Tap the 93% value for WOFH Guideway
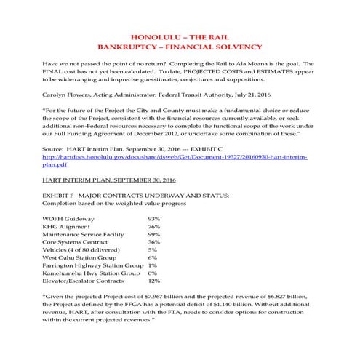[153, 219]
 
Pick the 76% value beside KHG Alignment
[153, 228]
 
